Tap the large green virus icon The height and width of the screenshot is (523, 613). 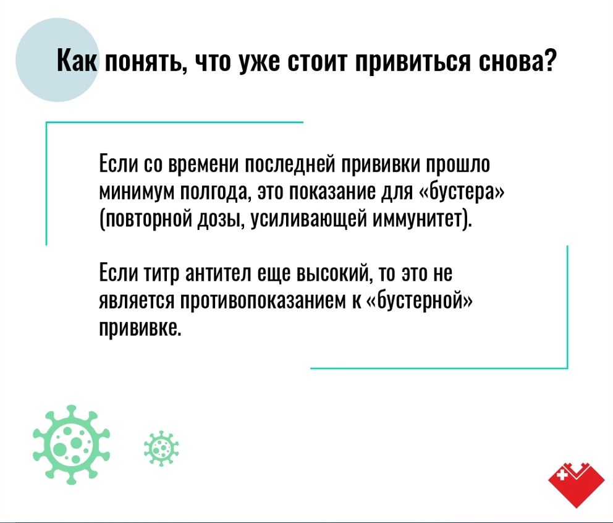point(72,446)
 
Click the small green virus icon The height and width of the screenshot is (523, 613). point(161,448)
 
